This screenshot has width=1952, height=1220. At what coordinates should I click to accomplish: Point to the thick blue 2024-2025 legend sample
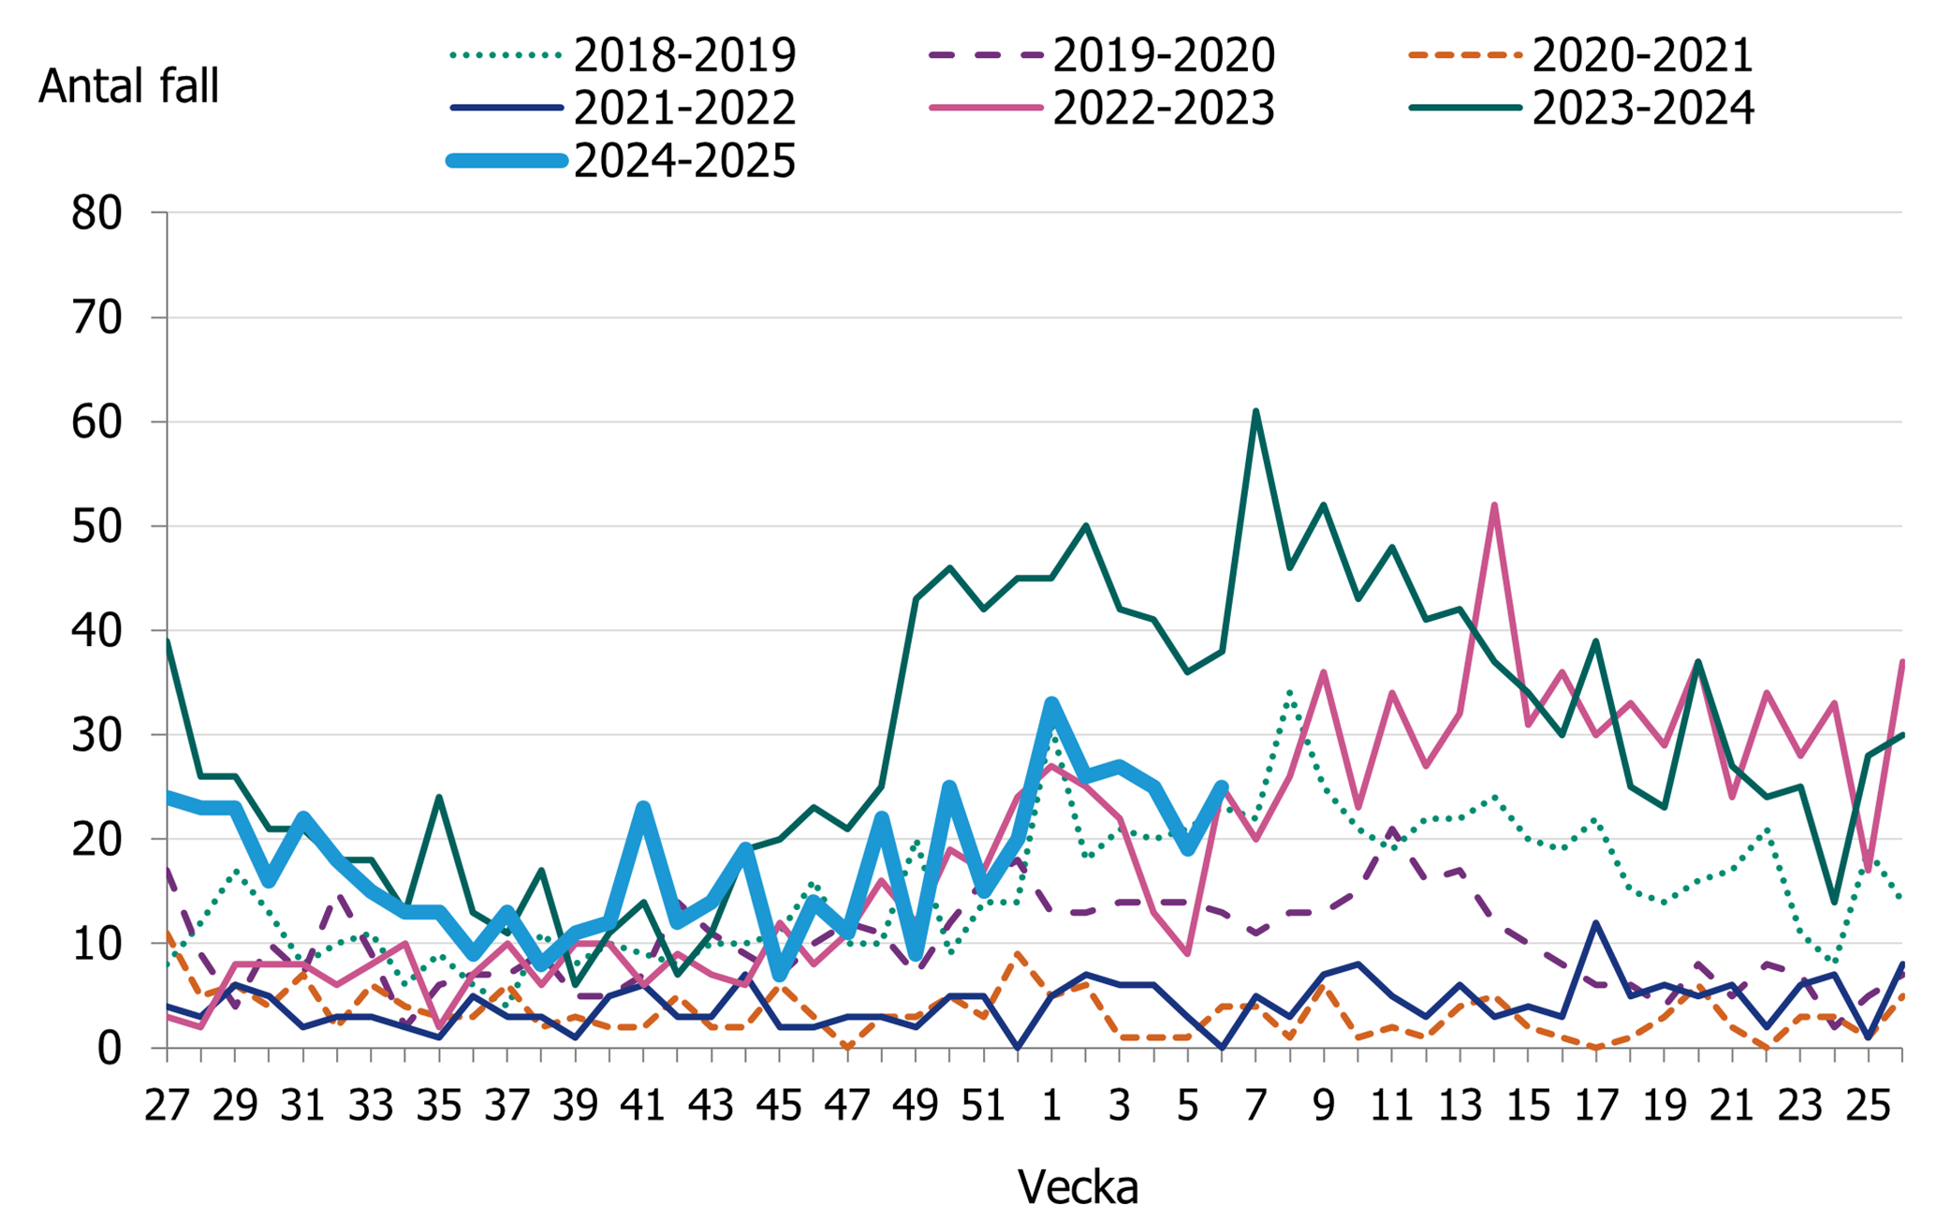pyautogui.click(x=508, y=161)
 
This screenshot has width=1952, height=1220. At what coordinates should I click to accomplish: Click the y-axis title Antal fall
pyautogui.click(x=128, y=86)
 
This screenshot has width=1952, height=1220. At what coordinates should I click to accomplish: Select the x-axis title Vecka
pyautogui.click(x=1078, y=1187)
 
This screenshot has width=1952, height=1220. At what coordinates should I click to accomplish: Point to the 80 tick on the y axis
pyautogui.click(x=96, y=213)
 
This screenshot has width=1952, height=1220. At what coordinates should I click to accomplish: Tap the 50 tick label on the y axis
pyautogui.click(x=96, y=526)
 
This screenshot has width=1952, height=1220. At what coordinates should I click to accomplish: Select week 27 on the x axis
pyautogui.click(x=167, y=1106)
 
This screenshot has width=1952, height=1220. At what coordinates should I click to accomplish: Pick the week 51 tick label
pyautogui.click(x=983, y=1106)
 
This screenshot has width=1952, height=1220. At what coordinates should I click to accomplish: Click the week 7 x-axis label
pyautogui.click(x=1255, y=1106)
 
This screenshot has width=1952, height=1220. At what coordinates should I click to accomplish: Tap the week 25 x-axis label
pyautogui.click(x=1868, y=1106)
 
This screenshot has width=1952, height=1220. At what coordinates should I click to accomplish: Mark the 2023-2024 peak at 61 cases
pyautogui.click(x=1255, y=411)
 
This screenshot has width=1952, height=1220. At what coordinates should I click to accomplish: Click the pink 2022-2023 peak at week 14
pyautogui.click(x=1494, y=506)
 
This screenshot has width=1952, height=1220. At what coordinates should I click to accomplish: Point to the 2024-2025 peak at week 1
pyautogui.click(x=1051, y=703)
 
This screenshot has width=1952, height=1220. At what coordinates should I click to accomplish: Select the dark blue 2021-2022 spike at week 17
pyautogui.click(x=1596, y=923)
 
